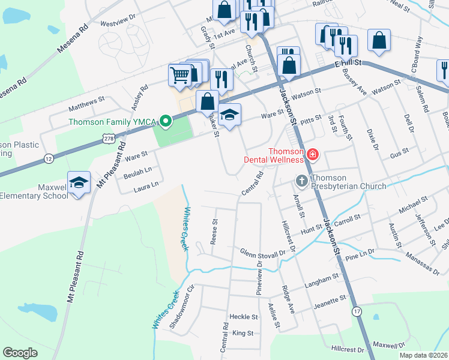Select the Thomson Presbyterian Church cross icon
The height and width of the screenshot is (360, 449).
click(x=302, y=180)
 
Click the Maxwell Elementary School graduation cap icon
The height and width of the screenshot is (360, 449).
click(x=78, y=182)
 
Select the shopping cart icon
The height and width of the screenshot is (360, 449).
click(x=180, y=75)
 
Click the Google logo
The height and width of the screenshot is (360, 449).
click(x=20, y=353)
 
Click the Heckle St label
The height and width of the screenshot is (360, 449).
click(x=243, y=316)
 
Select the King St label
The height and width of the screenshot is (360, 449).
click(x=243, y=332)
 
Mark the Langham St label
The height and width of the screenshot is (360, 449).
click(x=322, y=280)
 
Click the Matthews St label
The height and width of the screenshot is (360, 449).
click(x=86, y=103)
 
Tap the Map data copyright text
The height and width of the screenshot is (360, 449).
click(x=423, y=355)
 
